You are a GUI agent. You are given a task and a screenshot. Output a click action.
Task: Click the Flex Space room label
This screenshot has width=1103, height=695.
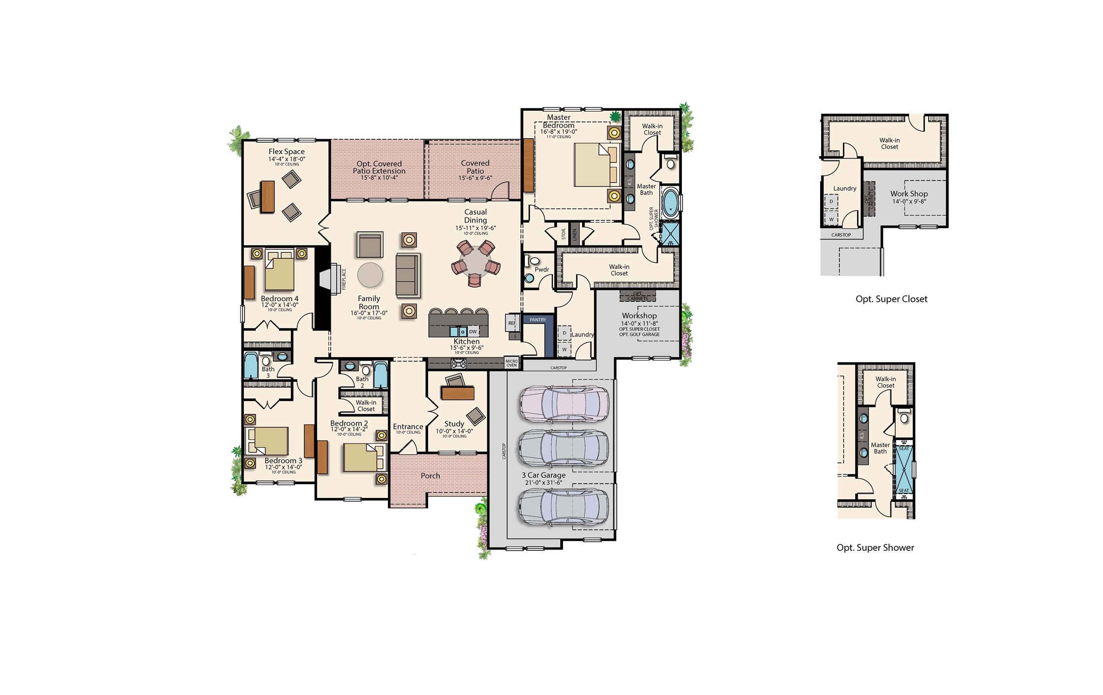[x=286, y=152]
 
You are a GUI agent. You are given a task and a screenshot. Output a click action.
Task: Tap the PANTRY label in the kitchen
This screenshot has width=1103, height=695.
[x=538, y=320]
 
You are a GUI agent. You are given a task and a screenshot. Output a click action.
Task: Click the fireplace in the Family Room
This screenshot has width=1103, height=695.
[x=330, y=279]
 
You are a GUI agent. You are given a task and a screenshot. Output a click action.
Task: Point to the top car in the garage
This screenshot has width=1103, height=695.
[x=564, y=404]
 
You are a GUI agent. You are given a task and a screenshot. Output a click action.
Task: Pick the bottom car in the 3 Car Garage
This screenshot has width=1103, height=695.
[x=564, y=507]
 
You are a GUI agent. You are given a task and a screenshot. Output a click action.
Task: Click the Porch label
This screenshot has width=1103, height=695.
[x=430, y=476]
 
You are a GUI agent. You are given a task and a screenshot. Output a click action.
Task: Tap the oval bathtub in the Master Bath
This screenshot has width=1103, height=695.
[x=670, y=203]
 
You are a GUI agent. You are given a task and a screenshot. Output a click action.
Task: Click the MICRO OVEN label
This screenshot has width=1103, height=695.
[x=512, y=363]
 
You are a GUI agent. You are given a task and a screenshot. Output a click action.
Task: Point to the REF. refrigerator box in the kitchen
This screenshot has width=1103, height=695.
[x=512, y=323]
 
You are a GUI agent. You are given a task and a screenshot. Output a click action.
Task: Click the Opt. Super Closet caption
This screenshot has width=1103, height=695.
[x=891, y=299]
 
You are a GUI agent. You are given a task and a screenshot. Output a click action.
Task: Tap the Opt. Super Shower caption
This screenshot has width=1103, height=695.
[x=875, y=547]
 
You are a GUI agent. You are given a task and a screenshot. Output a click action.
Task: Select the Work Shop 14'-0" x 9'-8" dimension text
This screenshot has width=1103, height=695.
[x=908, y=202]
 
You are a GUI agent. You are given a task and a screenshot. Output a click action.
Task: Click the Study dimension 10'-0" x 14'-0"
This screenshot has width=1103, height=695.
[x=454, y=431]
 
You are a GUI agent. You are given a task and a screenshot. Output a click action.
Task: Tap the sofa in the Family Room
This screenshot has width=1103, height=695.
[x=408, y=275]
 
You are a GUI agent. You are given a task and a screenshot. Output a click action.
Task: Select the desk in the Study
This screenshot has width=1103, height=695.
[x=458, y=393]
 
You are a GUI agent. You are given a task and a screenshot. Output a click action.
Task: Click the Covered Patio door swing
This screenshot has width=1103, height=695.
[x=500, y=191]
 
